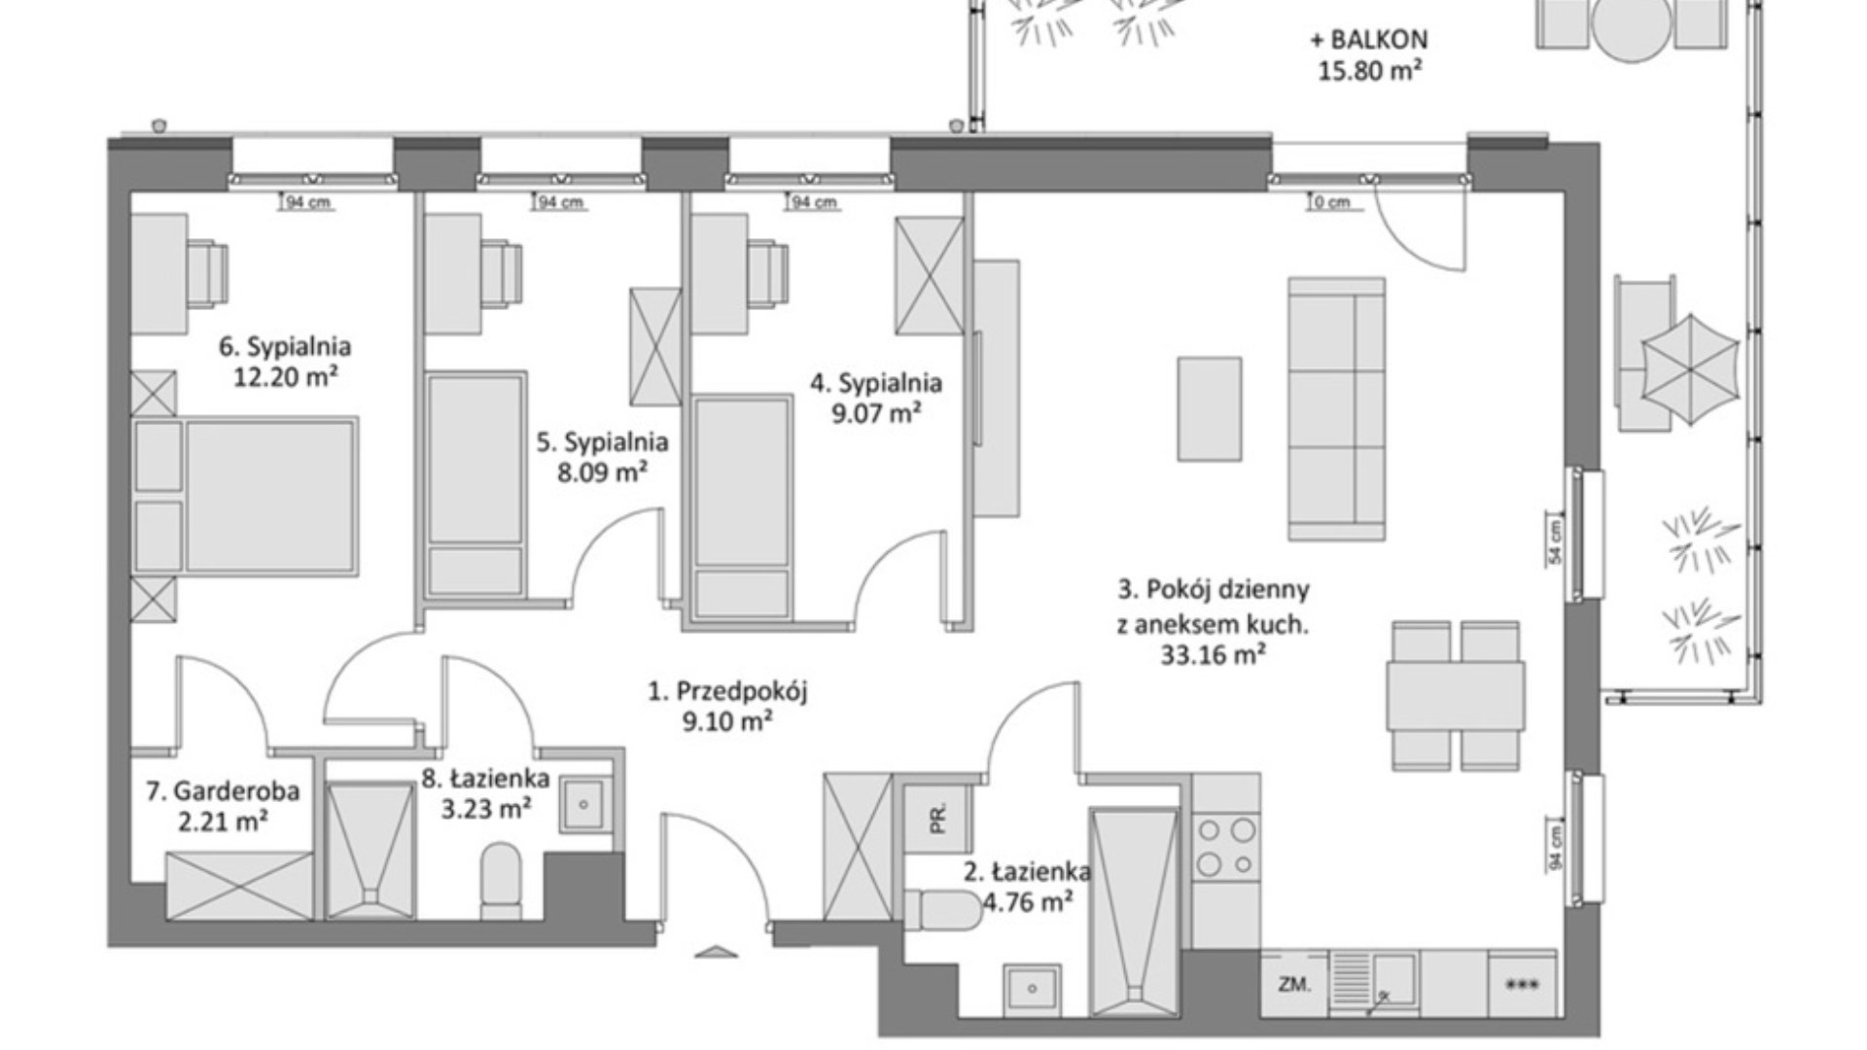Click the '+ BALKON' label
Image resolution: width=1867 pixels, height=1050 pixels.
pyautogui.click(x=1369, y=40)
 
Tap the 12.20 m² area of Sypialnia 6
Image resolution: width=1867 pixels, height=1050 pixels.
pyautogui.click(x=286, y=376)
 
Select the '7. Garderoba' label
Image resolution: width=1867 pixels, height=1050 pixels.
pyautogui.click(x=223, y=791)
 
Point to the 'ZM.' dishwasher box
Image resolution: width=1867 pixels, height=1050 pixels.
pyautogui.click(x=1294, y=983)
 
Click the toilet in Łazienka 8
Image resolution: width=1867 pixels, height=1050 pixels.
pyautogui.click(x=501, y=880)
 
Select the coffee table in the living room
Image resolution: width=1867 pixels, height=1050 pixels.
pyautogui.click(x=1210, y=408)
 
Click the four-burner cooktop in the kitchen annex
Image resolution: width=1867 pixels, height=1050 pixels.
pyautogui.click(x=1226, y=847)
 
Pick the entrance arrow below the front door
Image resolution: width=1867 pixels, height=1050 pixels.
pyautogui.click(x=717, y=951)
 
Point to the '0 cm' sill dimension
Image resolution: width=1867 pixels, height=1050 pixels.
pyautogui.click(x=1331, y=203)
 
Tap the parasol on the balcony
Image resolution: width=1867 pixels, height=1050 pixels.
pyautogui.click(x=1690, y=369)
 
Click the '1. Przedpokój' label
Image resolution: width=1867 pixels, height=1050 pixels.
pyautogui.click(x=728, y=691)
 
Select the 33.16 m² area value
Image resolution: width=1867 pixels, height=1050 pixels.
pyautogui.click(x=1214, y=655)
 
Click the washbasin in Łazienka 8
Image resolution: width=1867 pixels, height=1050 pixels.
pyautogui.click(x=584, y=805)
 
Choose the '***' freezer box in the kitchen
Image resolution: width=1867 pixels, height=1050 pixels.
pyautogui.click(x=1522, y=984)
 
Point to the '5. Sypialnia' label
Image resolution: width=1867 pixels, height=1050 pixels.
pyautogui.click(x=603, y=442)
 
